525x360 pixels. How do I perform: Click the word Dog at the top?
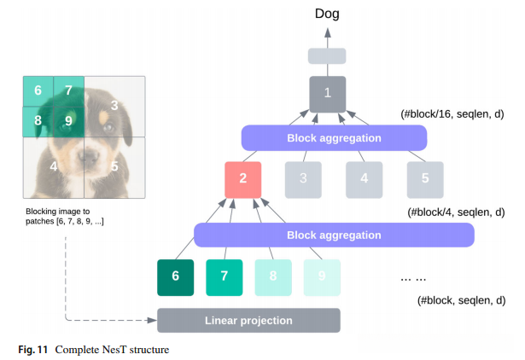tap(327, 14)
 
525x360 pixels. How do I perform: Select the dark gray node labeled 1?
tap(327, 93)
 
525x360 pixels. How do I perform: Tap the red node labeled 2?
tap(242, 179)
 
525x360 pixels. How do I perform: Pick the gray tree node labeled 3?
tap(302, 179)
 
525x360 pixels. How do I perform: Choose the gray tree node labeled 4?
tap(364, 179)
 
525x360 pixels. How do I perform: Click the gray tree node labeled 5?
tap(424, 179)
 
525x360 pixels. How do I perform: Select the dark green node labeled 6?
tap(175, 276)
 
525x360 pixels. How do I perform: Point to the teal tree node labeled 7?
tap(224, 276)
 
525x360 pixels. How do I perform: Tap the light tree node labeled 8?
tap(273, 276)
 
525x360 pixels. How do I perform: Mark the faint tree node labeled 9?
tap(322, 276)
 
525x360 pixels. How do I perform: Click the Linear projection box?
tap(248, 321)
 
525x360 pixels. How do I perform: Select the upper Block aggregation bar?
tap(334, 136)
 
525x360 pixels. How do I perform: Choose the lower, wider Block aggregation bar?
tap(334, 235)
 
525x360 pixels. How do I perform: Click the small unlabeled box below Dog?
tap(327, 56)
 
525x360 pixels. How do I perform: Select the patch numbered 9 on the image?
tap(68, 121)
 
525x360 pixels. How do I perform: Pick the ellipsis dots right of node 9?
tap(412, 279)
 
